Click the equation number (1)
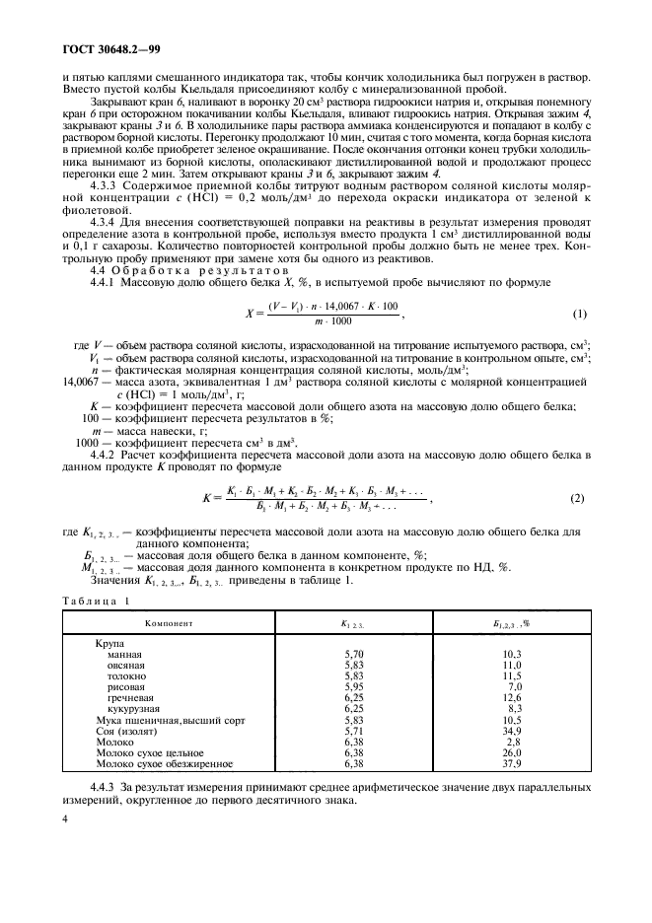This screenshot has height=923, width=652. (578, 315)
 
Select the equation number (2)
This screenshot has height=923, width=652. (577, 498)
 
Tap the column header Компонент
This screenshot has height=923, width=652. (168, 624)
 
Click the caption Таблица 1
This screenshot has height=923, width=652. (90, 601)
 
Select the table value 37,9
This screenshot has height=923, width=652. (511, 763)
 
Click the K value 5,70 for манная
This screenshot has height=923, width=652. (354, 653)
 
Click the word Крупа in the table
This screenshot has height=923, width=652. (102, 643)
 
